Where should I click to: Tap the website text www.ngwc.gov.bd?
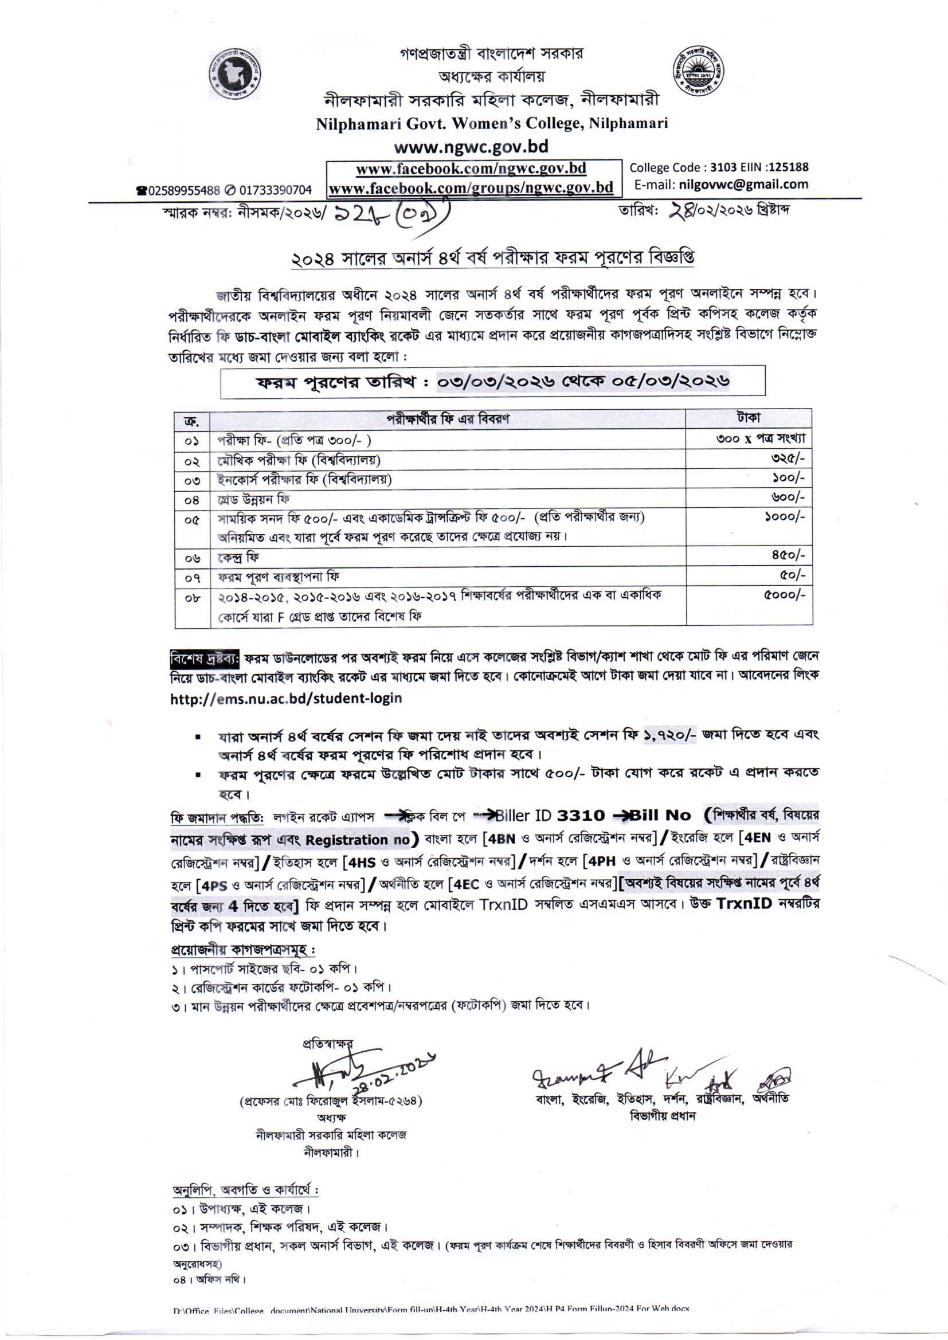[x=471, y=146]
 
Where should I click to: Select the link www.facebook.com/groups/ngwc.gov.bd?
[x=471, y=188]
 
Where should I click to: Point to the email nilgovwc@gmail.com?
[x=742, y=185]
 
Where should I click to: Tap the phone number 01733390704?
[x=275, y=190]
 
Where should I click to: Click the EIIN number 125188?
[x=788, y=167]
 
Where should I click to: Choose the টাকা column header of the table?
[x=749, y=418]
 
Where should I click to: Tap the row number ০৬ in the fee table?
[x=192, y=559]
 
